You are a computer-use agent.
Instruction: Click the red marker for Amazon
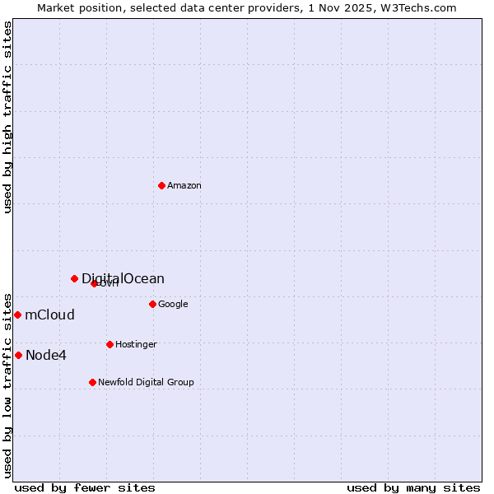(161, 185)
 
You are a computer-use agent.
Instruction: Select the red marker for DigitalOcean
(74, 278)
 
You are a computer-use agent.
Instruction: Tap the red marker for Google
(152, 304)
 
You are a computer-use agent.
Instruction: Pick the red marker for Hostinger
(110, 344)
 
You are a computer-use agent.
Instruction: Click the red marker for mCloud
(17, 315)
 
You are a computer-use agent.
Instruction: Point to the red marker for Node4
(18, 355)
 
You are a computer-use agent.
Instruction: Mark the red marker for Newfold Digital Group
(92, 382)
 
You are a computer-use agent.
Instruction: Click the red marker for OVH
(94, 283)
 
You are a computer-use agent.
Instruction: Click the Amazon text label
(184, 186)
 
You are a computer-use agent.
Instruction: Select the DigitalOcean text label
(123, 279)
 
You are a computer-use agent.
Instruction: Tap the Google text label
(173, 305)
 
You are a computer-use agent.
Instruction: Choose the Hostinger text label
(136, 345)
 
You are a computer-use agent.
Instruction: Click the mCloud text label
(49, 315)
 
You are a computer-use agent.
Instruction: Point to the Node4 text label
(46, 356)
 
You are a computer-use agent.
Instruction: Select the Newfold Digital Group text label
(146, 383)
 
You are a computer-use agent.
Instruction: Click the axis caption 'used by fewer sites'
(85, 488)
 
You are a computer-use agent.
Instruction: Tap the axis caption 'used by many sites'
(413, 488)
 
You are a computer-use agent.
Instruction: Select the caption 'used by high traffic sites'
(7, 117)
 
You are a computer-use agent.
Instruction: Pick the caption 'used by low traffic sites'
(7, 384)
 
